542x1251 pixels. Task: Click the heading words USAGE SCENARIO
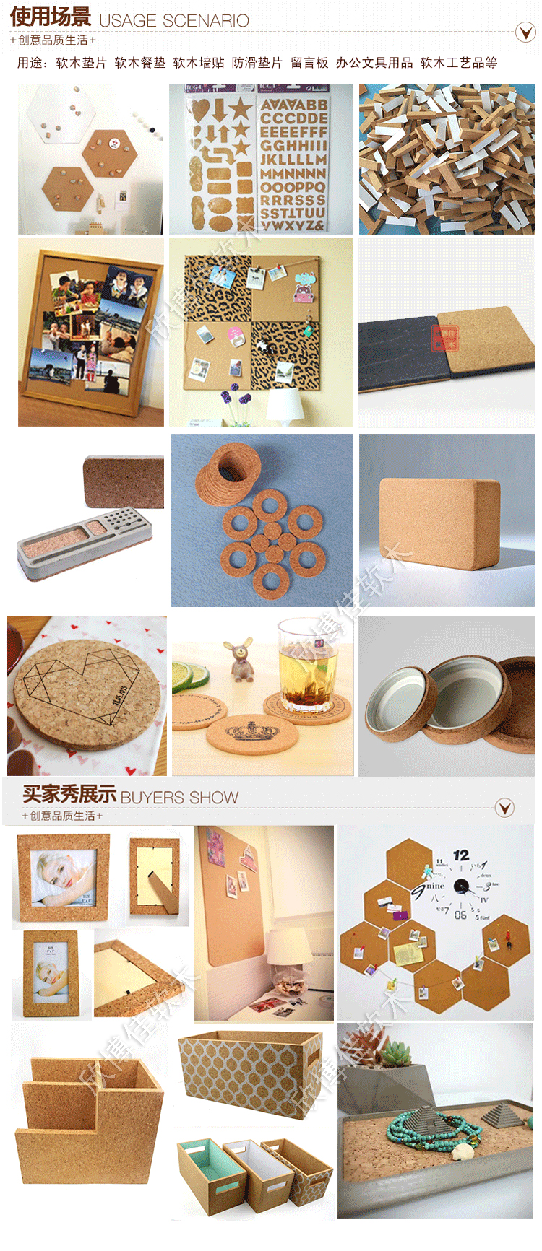pyautogui.click(x=173, y=21)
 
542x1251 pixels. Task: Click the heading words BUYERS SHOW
pyautogui.click(x=179, y=798)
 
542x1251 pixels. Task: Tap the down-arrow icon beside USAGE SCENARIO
pyautogui.click(x=525, y=32)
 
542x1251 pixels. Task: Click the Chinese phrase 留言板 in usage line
pyautogui.click(x=309, y=63)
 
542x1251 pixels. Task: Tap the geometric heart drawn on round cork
pyautogui.click(x=79, y=686)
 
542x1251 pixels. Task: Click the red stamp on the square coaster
pyautogui.click(x=444, y=337)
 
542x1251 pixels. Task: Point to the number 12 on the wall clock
pyautogui.click(x=460, y=855)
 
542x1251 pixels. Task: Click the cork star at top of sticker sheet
pyautogui.click(x=239, y=108)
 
